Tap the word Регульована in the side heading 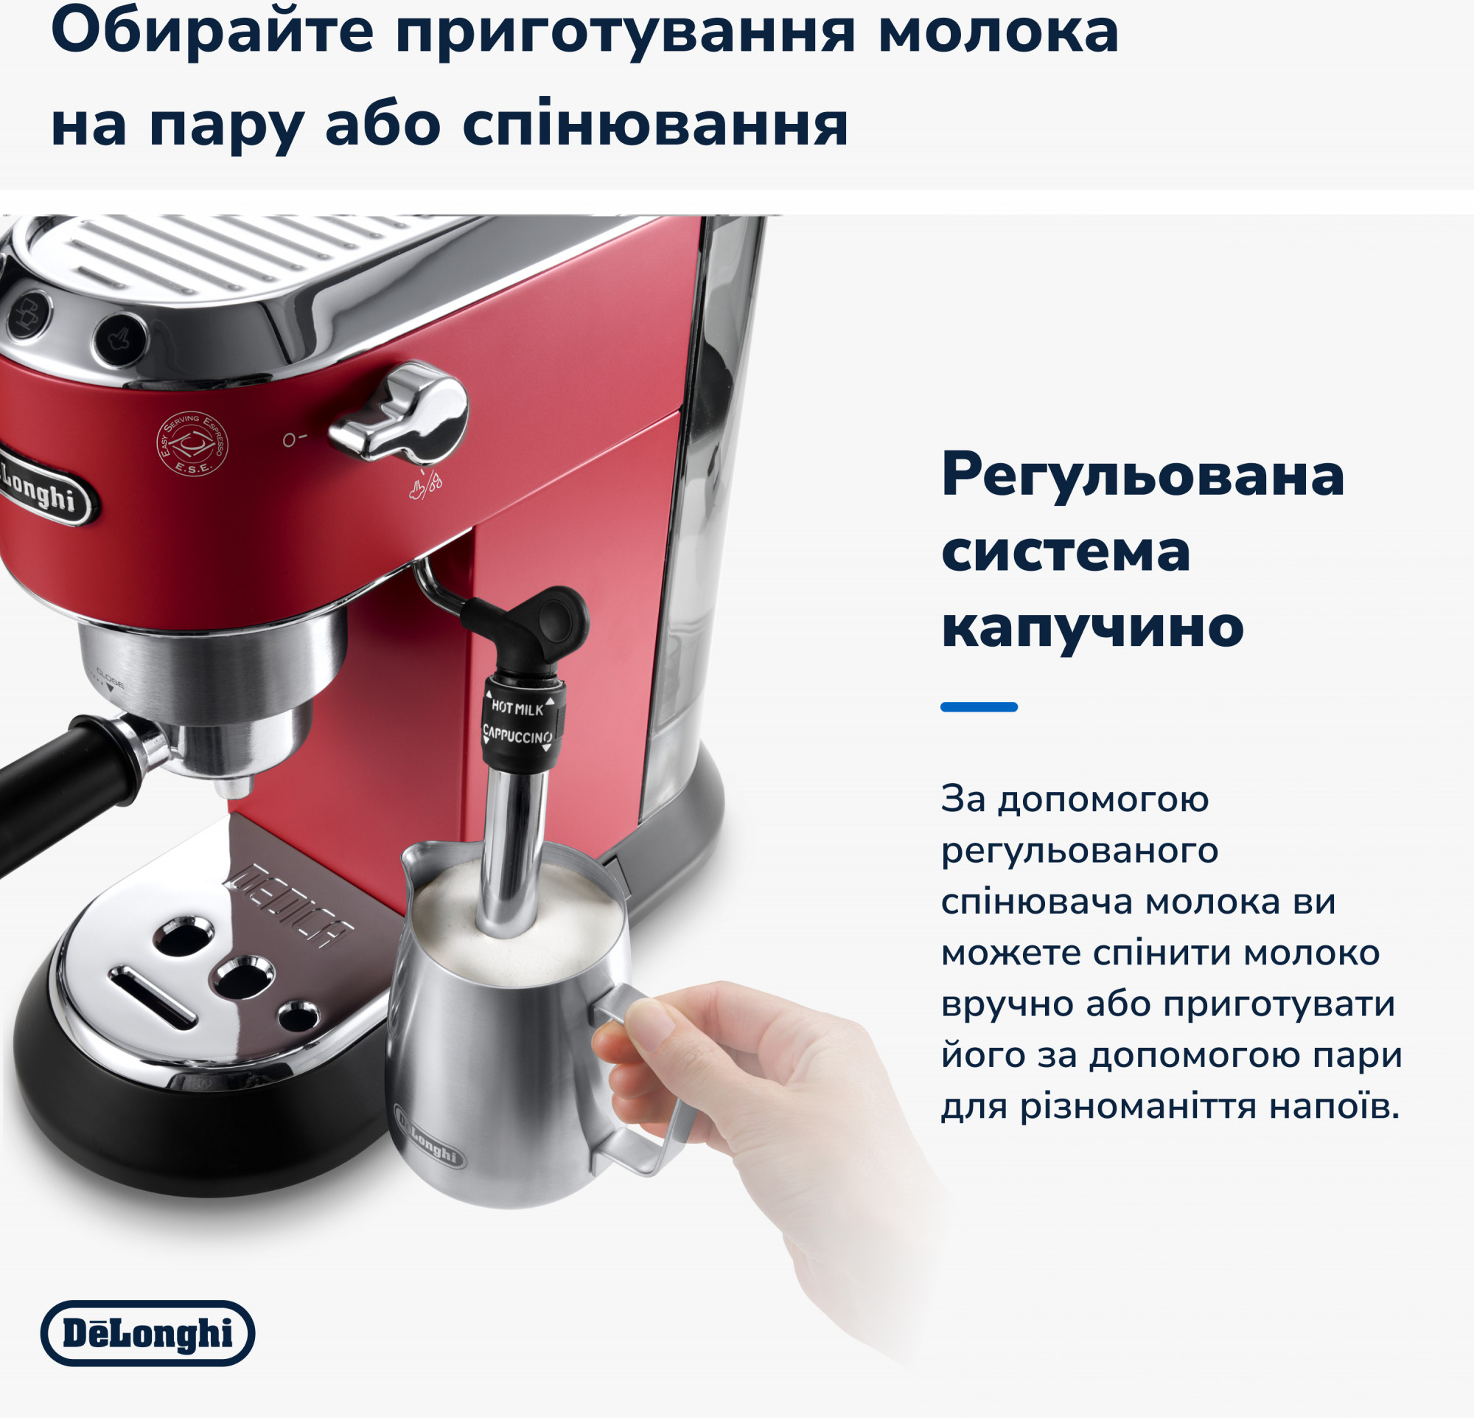[1142, 476]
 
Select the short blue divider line [979, 706]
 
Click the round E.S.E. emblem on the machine [191, 444]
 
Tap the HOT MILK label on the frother [517, 708]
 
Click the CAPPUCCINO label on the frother [517, 734]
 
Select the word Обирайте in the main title [212, 33]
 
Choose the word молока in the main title [999, 33]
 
